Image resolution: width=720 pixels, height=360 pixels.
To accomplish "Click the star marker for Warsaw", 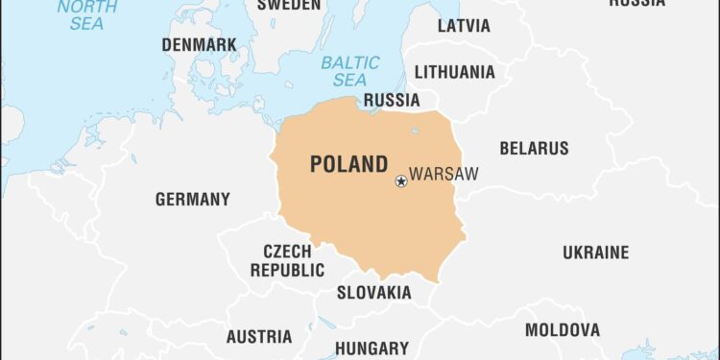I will [401, 181].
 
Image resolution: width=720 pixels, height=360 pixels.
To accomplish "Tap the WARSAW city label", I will [443, 176].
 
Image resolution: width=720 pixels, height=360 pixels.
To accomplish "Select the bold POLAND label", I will [348, 164].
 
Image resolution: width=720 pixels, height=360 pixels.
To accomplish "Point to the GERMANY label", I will [193, 200].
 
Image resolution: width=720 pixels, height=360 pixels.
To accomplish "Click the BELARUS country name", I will [534, 149].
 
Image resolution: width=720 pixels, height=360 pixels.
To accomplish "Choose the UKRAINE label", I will [595, 252].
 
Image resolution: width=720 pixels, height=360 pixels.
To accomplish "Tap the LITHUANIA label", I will [455, 72].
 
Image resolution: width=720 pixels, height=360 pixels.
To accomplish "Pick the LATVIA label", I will [464, 26].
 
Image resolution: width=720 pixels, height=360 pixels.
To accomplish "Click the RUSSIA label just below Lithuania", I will [392, 100].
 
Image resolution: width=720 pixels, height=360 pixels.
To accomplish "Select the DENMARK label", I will [199, 45].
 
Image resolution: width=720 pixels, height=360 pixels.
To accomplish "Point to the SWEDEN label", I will [289, 5].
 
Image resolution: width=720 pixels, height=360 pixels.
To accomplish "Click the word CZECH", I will [287, 252].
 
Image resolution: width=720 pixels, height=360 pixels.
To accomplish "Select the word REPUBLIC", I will [287, 271].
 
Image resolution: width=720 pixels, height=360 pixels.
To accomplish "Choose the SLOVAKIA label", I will [373, 293].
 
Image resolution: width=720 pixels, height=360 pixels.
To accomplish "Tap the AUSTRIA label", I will [259, 337].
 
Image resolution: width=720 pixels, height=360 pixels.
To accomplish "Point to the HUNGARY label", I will [372, 348].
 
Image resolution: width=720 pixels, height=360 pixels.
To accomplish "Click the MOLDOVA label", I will [563, 330].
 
